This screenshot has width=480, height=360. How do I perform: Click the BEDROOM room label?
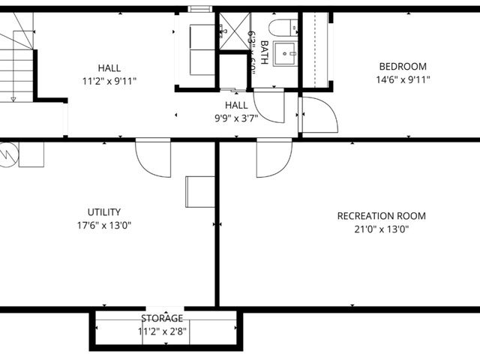point(403,66)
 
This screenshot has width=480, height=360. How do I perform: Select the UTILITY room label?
point(103,212)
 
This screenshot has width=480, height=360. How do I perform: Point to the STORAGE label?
point(161,319)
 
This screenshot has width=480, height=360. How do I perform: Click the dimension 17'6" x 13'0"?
point(103,226)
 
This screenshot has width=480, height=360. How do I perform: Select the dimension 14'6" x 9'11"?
point(403,79)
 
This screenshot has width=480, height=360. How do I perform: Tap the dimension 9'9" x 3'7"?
point(236,118)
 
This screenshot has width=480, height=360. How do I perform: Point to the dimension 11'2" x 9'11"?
point(109,80)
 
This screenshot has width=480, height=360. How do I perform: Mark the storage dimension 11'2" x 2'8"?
point(162,331)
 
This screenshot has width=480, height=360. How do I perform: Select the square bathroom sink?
point(286,54)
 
